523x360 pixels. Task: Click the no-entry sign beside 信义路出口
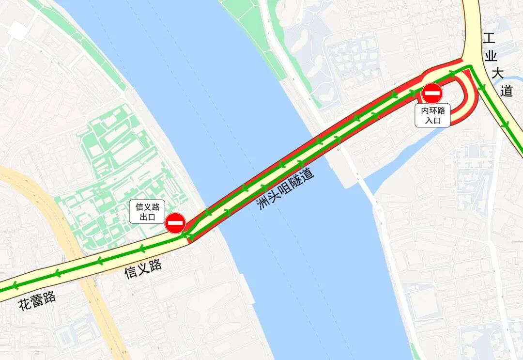(x=175, y=223)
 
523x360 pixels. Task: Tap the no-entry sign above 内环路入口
(x=432, y=93)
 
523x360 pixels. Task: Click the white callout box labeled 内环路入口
(x=432, y=115)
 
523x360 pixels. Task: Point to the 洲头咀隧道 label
(x=285, y=188)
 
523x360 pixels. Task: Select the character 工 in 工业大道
(x=490, y=39)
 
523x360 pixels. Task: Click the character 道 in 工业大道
(x=506, y=90)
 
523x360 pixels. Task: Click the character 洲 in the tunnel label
(x=263, y=203)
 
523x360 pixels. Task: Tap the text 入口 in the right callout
(x=432, y=121)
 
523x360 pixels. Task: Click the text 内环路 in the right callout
(x=432, y=110)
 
